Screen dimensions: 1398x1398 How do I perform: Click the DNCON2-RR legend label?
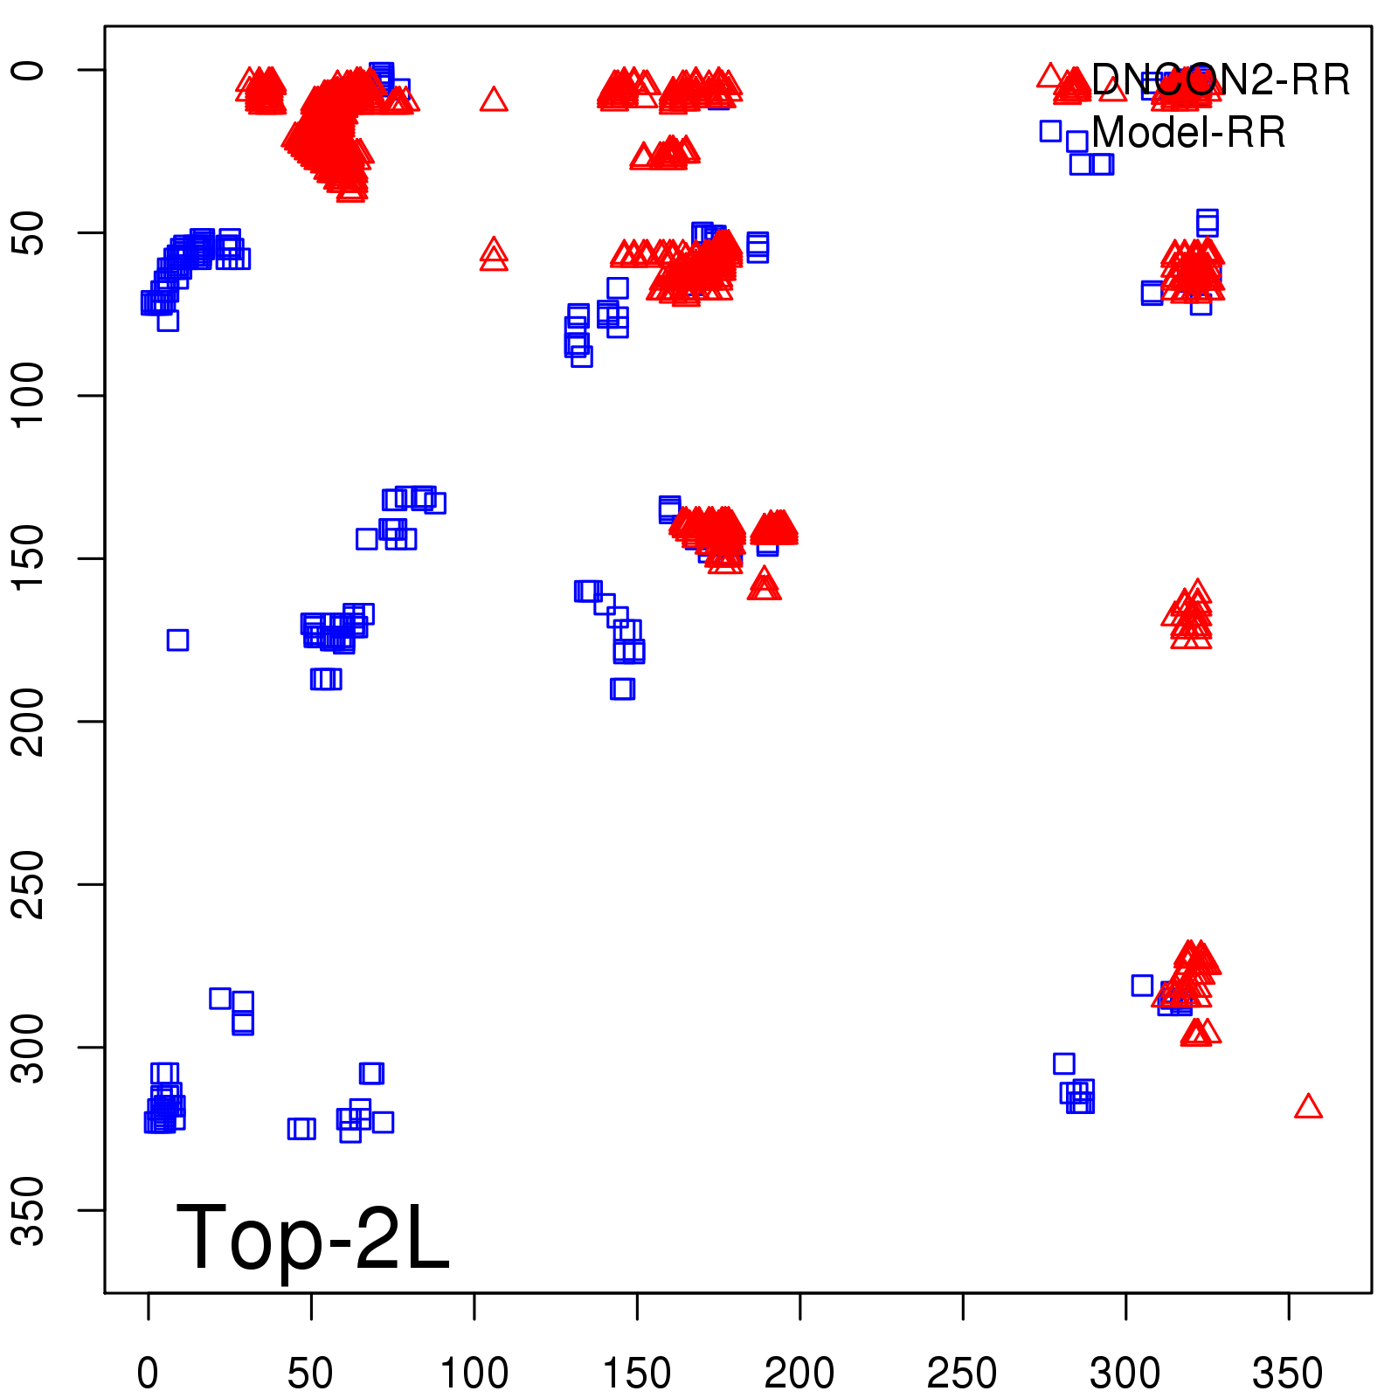pyautogui.click(x=1221, y=80)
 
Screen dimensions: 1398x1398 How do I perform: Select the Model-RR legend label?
pyautogui.click(x=1188, y=133)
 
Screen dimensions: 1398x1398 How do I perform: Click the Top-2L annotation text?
pyautogui.click(x=313, y=1237)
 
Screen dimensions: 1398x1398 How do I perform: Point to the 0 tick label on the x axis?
pyautogui.click(x=148, y=1374)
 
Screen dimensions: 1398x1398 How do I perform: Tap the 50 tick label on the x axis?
pyautogui.click(x=310, y=1374)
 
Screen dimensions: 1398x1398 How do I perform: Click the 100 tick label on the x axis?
pyautogui.click(x=474, y=1374)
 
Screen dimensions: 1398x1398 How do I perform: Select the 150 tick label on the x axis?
pyautogui.click(x=637, y=1374)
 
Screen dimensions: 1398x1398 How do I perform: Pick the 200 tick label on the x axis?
pyautogui.click(x=799, y=1374)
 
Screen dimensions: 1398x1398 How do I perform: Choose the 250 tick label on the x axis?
pyautogui.click(x=962, y=1374)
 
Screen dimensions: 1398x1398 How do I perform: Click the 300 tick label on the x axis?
pyautogui.click(x=1125, y=1374)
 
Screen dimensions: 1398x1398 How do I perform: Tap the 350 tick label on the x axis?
pyautogui.click(x=1288, y=1374)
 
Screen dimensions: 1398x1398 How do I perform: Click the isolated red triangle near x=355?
pyautogui.click(x=1308, y=1107)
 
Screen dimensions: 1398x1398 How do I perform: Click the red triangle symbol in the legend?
pyautogui.click(x=1050, y=76)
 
